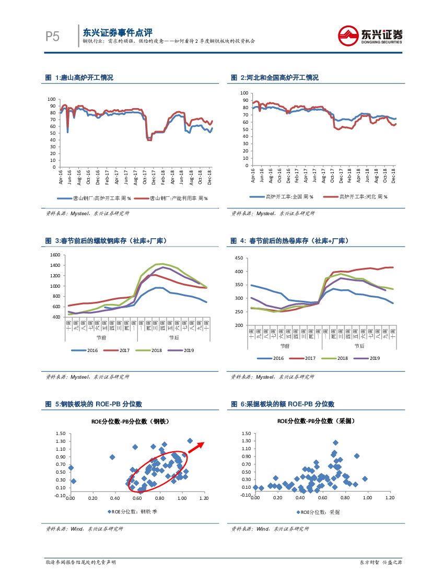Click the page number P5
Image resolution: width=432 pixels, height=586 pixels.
tap(53, 36)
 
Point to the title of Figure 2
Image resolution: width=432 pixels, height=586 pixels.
tap(275, 78)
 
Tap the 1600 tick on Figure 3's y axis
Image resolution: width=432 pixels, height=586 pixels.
tap(55, 255)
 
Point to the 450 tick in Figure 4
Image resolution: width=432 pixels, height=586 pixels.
tap(238, 258)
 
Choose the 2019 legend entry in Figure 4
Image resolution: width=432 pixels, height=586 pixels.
tap(370, 358)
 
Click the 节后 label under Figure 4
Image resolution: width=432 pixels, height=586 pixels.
tap(359, 345)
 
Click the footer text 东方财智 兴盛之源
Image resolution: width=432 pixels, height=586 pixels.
tap(381, 562)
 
